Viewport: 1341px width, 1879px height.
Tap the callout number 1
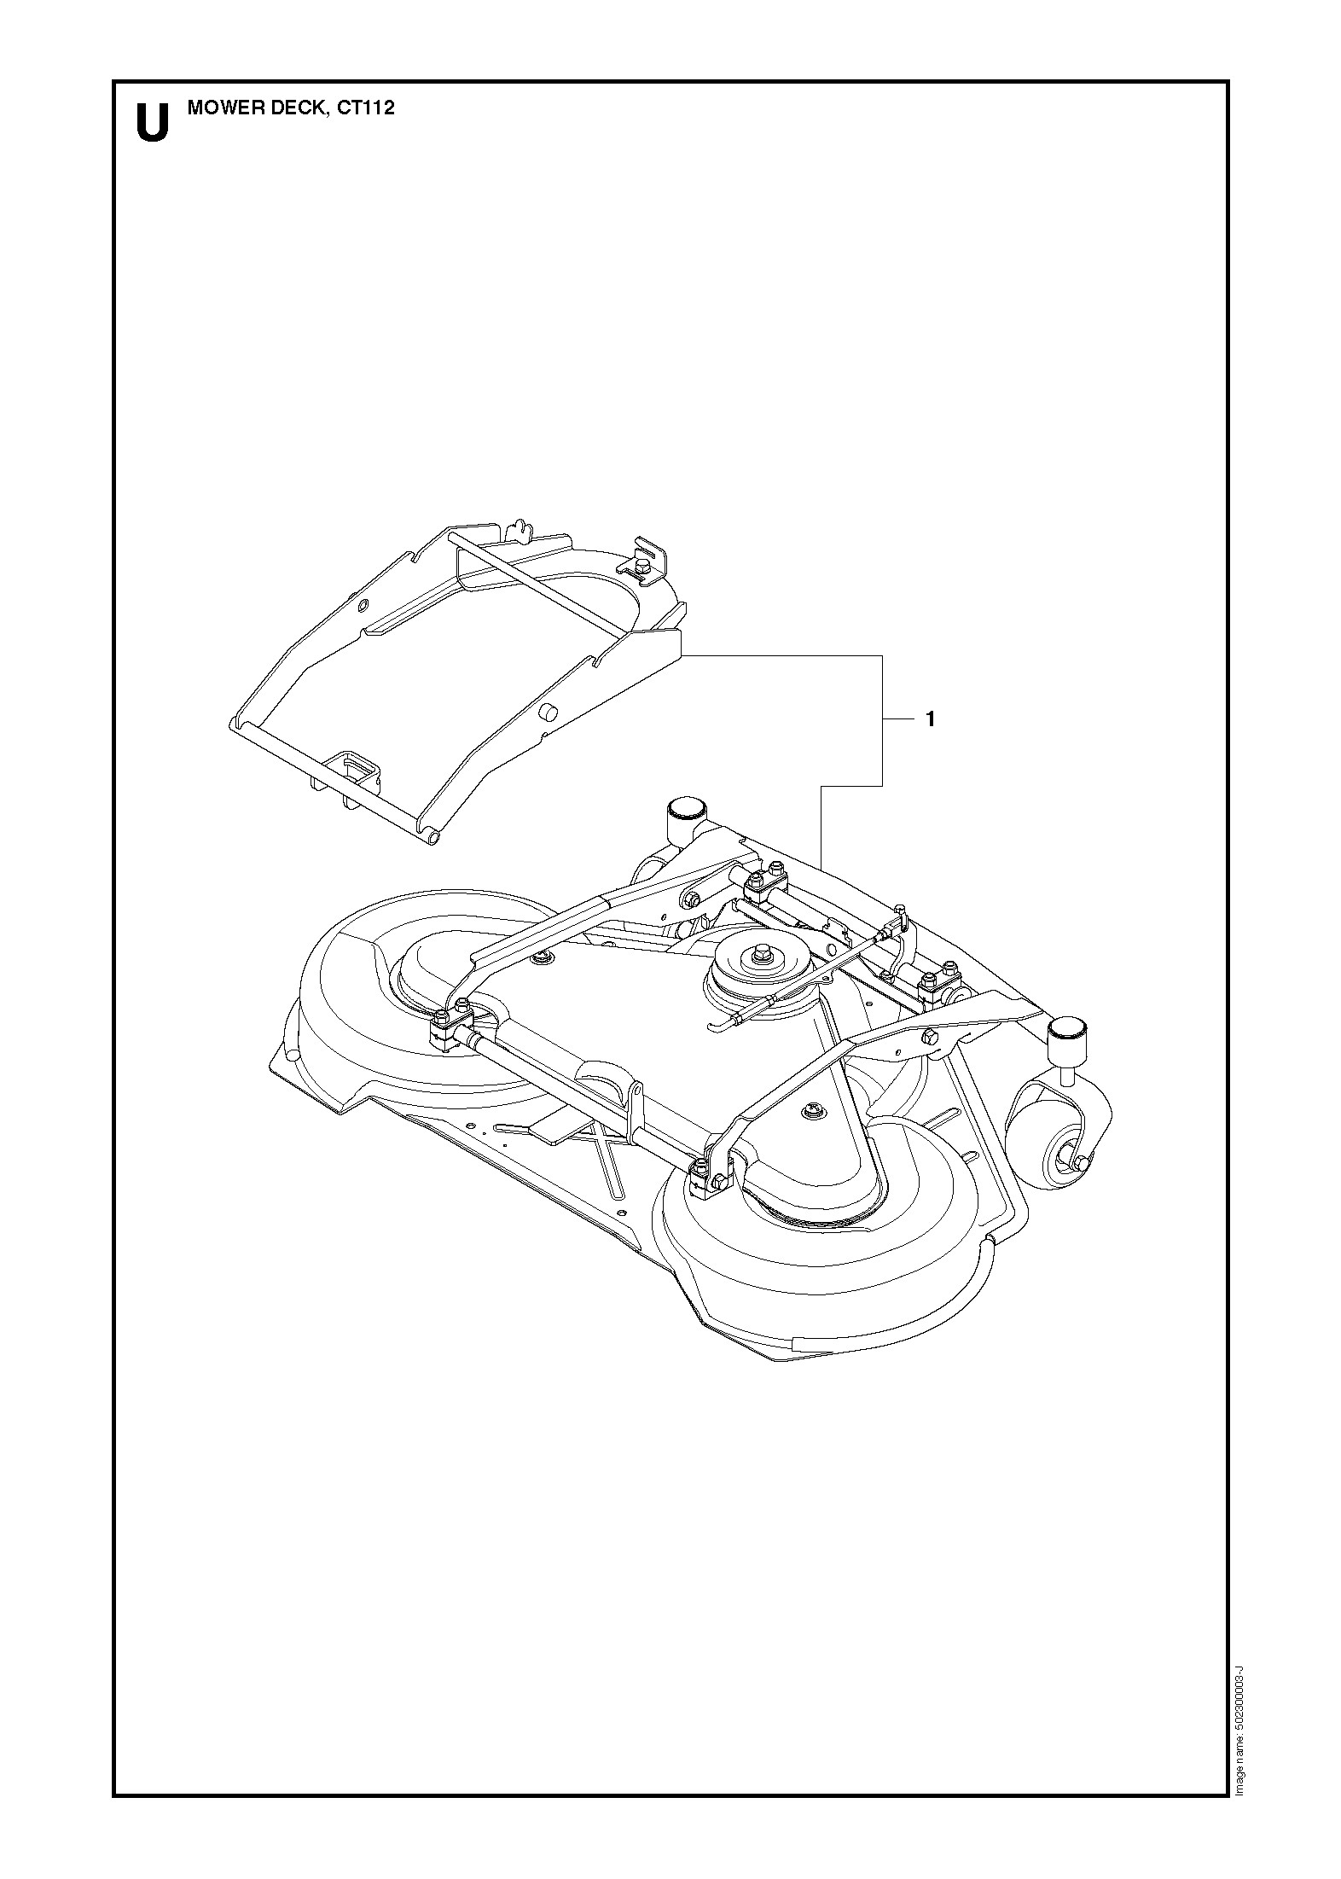pos(930,719)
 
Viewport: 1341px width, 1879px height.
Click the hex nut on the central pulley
pos(756,955)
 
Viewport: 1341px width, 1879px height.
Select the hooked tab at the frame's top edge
pos(514,531)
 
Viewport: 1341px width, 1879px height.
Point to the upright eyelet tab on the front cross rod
pos(634,1108)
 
